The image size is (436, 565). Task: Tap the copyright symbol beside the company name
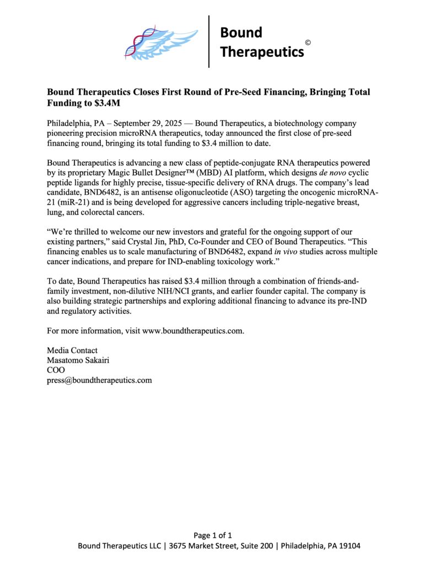(x=308, y=42)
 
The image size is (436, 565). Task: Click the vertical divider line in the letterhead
(x=209, y=41)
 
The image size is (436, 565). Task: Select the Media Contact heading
(x=72, y=350)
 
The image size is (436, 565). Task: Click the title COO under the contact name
(x=56, y=370)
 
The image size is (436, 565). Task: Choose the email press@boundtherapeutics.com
(x=99, y=380)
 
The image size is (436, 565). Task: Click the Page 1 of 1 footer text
(x=213, y=535)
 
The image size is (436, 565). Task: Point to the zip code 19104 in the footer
(x=348, y=546)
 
